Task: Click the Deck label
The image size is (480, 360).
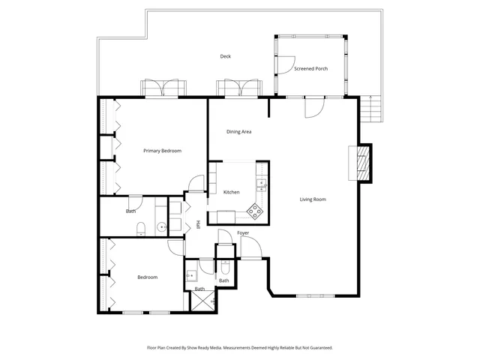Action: pos(225,57)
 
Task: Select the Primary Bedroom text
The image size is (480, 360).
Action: pos(163,151)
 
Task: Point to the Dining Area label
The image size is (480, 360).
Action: pos(238,132)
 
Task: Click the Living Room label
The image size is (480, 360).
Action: pos(313,199)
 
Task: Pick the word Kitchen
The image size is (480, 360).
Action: pos(232,193)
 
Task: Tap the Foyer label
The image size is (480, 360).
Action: pos(243,233)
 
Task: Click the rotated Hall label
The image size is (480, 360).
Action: pos(198,225)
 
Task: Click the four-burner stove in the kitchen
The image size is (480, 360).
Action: pos(256,211)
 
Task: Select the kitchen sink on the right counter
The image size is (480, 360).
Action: pos(262,182)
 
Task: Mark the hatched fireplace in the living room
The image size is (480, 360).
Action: pos(362,162)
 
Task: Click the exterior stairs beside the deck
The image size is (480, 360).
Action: pos(372,111)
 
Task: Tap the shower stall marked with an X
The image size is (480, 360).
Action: pos(202,301)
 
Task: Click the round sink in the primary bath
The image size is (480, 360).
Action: pos(161,226)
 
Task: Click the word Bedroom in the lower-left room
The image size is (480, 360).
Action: pos(148,277)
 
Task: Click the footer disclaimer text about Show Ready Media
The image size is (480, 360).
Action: pos(239,348)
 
